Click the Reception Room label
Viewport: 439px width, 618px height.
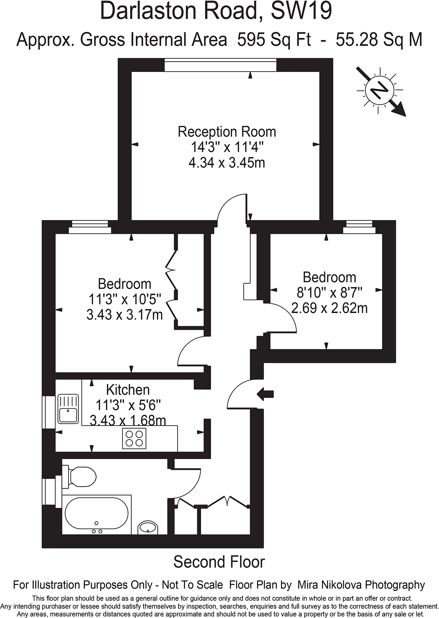click(227, 132)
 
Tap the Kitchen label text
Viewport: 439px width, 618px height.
click(128, 390)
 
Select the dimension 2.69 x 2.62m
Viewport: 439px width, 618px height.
click(329, 308)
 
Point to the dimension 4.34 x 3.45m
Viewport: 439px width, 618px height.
click(227, 162)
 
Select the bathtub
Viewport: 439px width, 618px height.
click(96, 515)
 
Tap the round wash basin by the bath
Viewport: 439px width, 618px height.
click(148, 528)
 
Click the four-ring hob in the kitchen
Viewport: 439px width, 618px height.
click(134, 437)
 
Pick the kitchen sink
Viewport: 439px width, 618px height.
click(68, 409)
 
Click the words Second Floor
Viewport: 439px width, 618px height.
click(219, 562)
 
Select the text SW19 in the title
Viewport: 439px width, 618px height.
click(301, 12)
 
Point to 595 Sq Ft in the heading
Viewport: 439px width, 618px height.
click(274, 40)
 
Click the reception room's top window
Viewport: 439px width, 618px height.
click(220, 65)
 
